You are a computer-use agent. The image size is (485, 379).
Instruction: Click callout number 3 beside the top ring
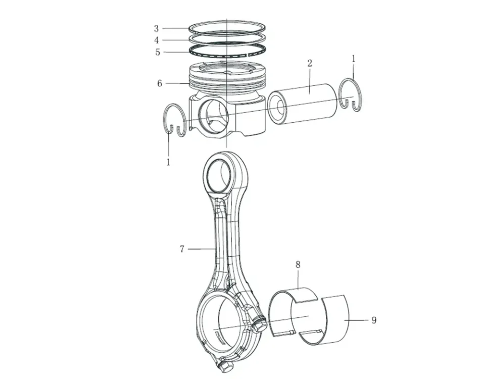click(157, 29)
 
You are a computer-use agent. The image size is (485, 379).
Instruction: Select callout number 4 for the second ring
click(157, 40)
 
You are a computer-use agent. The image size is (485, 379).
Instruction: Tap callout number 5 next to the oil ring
click(158, 52)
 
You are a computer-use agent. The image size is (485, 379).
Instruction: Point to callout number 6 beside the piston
click(160, 83)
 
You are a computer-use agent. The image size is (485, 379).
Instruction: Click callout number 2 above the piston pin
click(310, 63)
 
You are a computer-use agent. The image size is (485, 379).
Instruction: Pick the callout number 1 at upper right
click(354, 59)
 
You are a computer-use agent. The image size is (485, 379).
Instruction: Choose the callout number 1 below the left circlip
click(168, 162)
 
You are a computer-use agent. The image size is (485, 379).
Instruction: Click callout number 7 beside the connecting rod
click(182, 249)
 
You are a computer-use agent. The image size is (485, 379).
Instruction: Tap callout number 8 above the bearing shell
click(298, 264)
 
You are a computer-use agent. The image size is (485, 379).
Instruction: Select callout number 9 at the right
click(374, 320)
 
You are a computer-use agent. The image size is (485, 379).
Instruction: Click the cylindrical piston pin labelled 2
click(308, 104)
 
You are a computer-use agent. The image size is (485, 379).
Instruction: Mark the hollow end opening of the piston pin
click(277, 108)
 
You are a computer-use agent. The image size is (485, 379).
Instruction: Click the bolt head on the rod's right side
click(261, 324)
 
